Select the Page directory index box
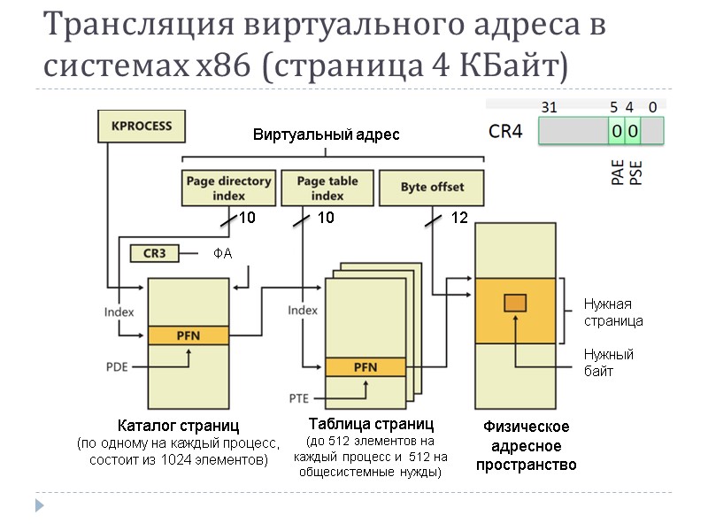(228, 188)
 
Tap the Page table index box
(327, 188)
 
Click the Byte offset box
(432, 188)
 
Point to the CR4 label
(507, 132)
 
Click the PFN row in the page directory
(189, 335)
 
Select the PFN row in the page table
(365, 366)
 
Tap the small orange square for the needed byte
(515, 304)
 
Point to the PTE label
(299, 396)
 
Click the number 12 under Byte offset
(459, 218)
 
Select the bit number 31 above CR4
(549, 107)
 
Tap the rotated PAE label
(618, 172)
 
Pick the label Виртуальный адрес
(326, 135)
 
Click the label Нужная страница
(612, 312)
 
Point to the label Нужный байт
(608, 363)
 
